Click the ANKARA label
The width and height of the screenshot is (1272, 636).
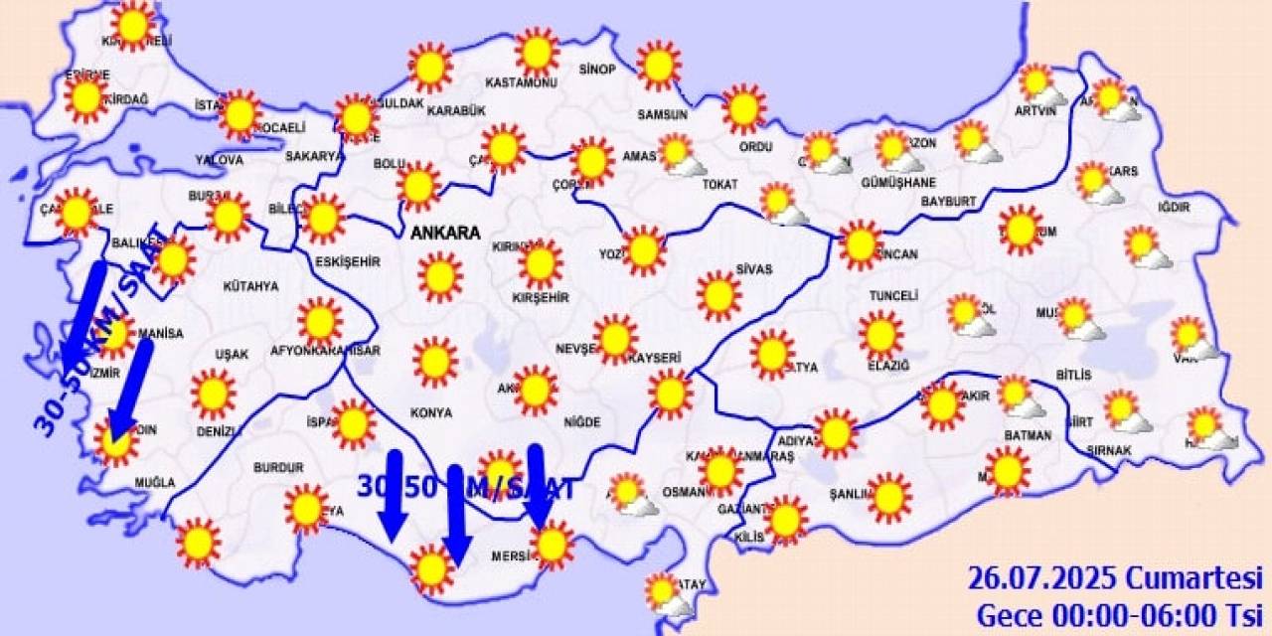(444, 233)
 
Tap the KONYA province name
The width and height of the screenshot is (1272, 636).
(431, 412)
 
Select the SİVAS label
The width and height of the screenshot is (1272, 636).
(754, 268)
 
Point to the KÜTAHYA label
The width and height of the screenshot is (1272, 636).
(250, 286)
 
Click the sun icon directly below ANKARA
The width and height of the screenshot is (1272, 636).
(439, 276)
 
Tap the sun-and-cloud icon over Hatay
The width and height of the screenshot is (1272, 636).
(666, 594)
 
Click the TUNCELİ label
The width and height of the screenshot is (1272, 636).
(893, 296)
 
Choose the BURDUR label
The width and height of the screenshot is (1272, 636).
(278, 467)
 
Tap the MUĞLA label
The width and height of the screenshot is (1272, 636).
(155, 483)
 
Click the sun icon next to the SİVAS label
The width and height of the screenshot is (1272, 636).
(718, 295)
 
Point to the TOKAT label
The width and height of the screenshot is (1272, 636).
(719, 184)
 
